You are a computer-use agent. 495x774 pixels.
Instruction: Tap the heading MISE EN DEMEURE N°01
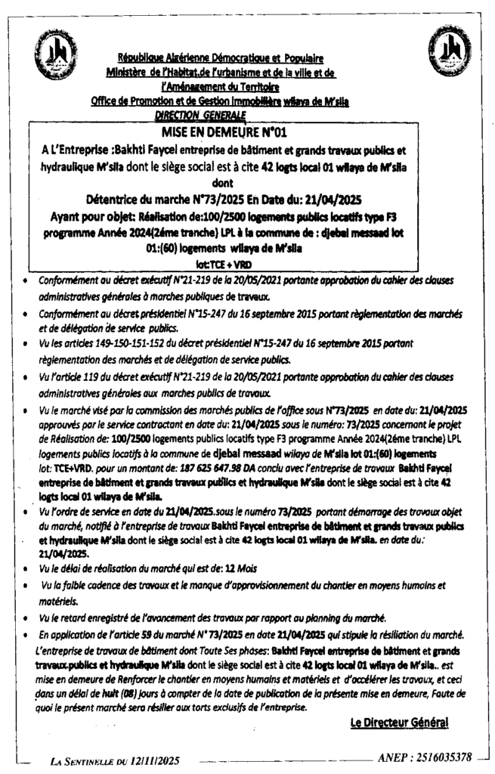tap(248, 131)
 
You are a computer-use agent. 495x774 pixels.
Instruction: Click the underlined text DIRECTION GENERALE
tap(200, 115)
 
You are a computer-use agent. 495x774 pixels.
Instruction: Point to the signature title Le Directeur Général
tap(400, 723)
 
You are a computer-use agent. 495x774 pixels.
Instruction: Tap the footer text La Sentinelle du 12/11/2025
tap(116, 759)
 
